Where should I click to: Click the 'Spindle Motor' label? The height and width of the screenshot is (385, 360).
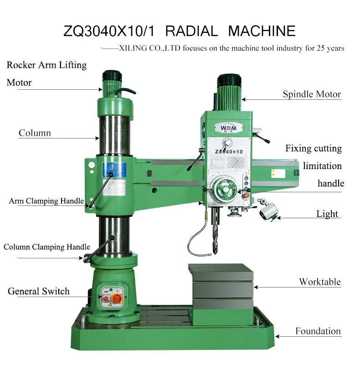312,95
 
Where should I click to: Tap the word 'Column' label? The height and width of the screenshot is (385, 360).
35,133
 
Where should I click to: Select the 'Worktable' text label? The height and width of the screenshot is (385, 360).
319,282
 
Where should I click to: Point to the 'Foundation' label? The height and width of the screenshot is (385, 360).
318,331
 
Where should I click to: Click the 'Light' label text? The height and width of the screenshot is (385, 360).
327,214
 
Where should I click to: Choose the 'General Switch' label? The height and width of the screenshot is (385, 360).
39,291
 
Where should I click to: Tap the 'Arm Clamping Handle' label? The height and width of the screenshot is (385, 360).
46,201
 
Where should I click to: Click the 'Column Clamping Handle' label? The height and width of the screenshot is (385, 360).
47,247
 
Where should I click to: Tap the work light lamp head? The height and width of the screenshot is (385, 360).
269,212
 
